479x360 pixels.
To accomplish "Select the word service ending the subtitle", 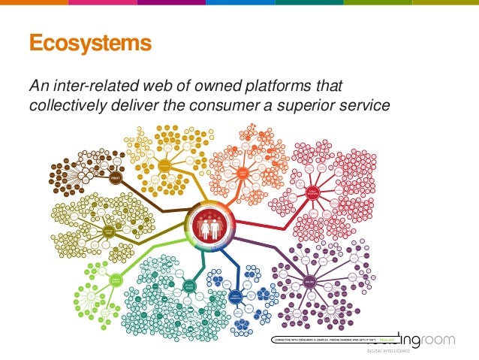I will [365, 105].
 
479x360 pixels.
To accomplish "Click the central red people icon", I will [209, 225].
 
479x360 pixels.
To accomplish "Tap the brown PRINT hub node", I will [116, 179].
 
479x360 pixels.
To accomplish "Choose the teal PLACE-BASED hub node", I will [190, 286].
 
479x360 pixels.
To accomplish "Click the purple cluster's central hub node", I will [310, 282].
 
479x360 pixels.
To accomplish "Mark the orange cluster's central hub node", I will [243, 174].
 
